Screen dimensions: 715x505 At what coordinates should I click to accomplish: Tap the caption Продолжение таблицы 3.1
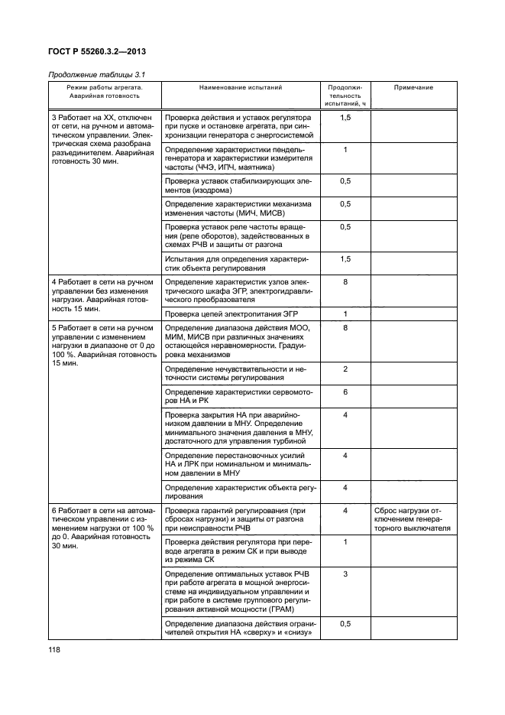(97, 74)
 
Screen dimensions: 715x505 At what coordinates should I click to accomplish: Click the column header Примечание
(413, 88)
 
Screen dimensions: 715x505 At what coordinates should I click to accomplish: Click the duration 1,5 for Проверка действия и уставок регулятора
(345, 118)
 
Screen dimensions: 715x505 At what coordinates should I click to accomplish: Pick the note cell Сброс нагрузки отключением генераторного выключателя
(413, 518)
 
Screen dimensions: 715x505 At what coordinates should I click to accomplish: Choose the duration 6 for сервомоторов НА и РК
(345, 392)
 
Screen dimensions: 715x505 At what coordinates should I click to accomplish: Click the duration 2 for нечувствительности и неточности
(345, 369)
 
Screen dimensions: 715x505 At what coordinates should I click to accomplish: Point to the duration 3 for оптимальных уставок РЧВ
(345, 574)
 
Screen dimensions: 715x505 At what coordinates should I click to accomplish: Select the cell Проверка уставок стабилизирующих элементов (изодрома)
(238, 185)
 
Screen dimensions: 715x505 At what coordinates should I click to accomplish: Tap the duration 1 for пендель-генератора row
(345, 149)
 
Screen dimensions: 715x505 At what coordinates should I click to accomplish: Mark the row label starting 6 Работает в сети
(103, 528)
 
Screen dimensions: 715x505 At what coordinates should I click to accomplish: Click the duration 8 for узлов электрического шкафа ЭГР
(345, 282)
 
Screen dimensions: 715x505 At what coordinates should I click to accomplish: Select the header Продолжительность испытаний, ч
(345, 95)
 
